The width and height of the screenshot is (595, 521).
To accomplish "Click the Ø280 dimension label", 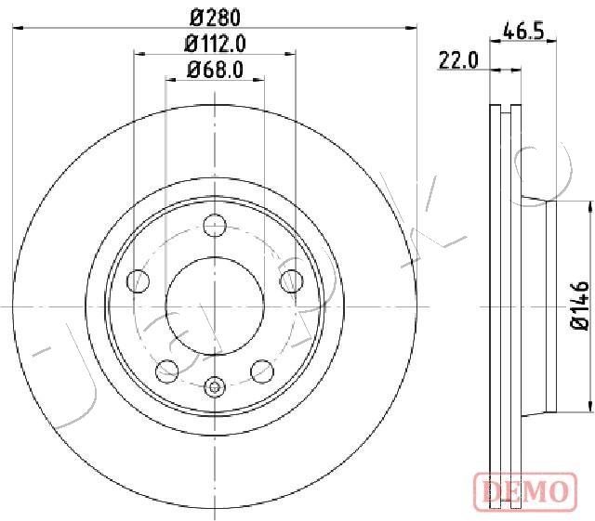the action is click(x=215, y=18).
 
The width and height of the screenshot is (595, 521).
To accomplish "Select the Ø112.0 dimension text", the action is click(x=215, y=44).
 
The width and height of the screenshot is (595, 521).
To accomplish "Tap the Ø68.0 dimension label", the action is click(x=215, y=70).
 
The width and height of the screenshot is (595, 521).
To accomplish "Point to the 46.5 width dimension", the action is click(x=523, y=31).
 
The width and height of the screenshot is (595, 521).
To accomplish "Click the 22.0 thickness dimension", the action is click(x=458, y=60).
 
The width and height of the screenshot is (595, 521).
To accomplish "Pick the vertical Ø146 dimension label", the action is click(x=580, y=306).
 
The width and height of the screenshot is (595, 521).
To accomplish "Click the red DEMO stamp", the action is click(x=525, y=491).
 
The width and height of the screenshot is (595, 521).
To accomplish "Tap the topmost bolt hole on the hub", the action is click(x=215, y=226).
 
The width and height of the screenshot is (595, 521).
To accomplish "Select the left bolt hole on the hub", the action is click(x=139, y=281).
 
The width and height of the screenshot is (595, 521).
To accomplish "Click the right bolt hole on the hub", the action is click(x=291, y=281).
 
